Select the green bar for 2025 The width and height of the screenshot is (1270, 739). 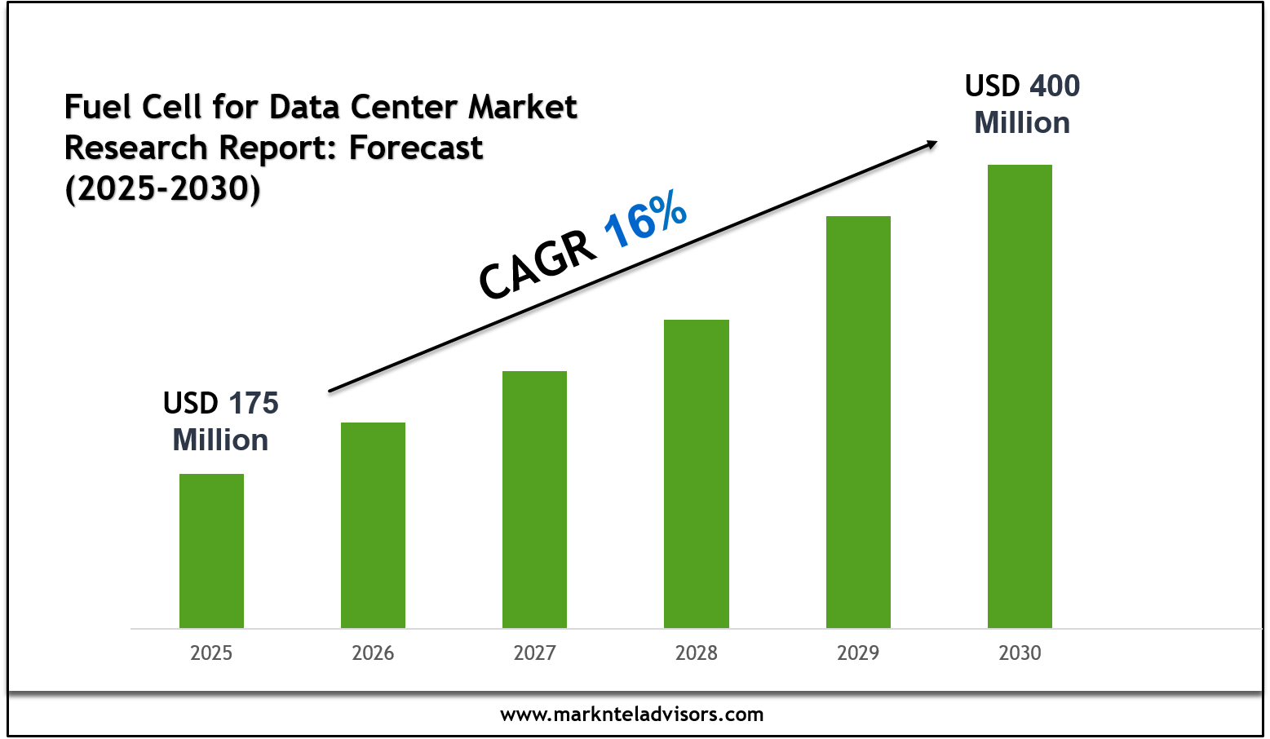(x=211, y=551)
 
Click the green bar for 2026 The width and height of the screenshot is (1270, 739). (x=373, y=524)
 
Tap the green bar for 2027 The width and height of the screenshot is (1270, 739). (x=534, y=499)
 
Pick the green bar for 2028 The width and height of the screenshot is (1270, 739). (x=696, y=473)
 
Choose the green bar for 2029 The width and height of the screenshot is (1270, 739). (x=858, y=422)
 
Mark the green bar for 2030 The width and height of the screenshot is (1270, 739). (x=1020, y=396)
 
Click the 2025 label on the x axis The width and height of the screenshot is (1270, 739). (x=211, y=653)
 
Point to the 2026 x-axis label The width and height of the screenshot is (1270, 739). (x=373, y=653)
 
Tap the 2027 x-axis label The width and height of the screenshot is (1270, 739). (x=534, y=653)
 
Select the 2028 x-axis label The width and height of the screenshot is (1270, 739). (x=696, y=653)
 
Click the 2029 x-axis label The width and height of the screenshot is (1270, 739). (x=858, y=653)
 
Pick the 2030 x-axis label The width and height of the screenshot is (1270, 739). (x=1020, y=653)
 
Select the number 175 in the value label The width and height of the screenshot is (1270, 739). (x=253, y=404)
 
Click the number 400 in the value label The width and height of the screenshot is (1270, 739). (x=1055, y=86)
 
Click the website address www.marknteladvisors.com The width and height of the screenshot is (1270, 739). (x=632, y=715)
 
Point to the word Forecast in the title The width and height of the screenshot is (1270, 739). (x=416, y=148)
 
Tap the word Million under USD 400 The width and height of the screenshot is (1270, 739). (x=1022, y=123)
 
